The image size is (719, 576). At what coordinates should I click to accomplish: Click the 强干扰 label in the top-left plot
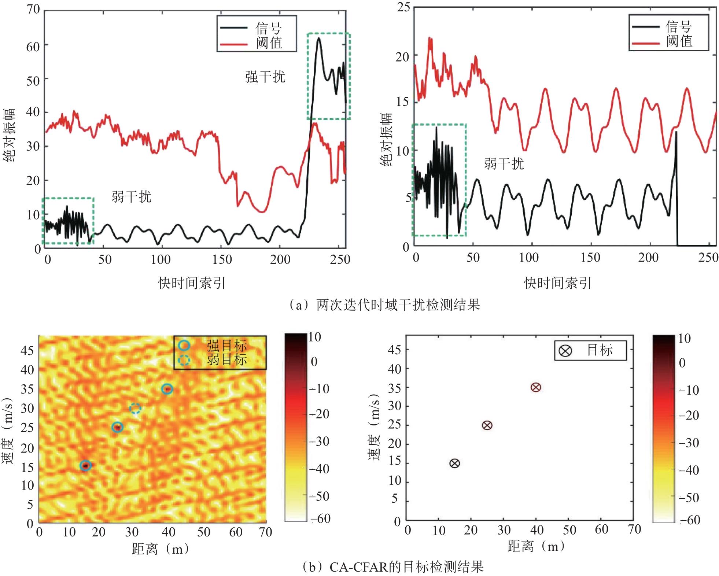click(265, 77)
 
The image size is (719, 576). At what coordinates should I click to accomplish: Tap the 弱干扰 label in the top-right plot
click(504, 163)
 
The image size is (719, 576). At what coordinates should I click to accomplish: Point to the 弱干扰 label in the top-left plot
click(131, 197)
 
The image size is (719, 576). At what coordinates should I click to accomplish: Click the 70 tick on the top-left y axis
click(33, 10)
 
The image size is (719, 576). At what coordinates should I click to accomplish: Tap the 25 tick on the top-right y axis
click(403, 7)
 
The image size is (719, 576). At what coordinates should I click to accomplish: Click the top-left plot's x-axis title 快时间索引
click(192, 283)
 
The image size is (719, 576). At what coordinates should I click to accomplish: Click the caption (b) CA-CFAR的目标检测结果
click(392, 567)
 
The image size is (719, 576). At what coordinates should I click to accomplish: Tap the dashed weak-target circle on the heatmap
click(135, 408)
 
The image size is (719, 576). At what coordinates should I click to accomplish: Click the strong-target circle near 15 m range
click(85, 465)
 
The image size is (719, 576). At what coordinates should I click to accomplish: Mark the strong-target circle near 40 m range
click(167, 389)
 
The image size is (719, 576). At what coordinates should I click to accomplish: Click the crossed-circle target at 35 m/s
click(536, 387)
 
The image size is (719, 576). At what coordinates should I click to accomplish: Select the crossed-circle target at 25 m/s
click(487, 425)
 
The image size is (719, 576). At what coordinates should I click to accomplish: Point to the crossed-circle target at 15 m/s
click(454, 463)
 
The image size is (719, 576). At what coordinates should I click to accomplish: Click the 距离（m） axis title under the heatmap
click(161, 549)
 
